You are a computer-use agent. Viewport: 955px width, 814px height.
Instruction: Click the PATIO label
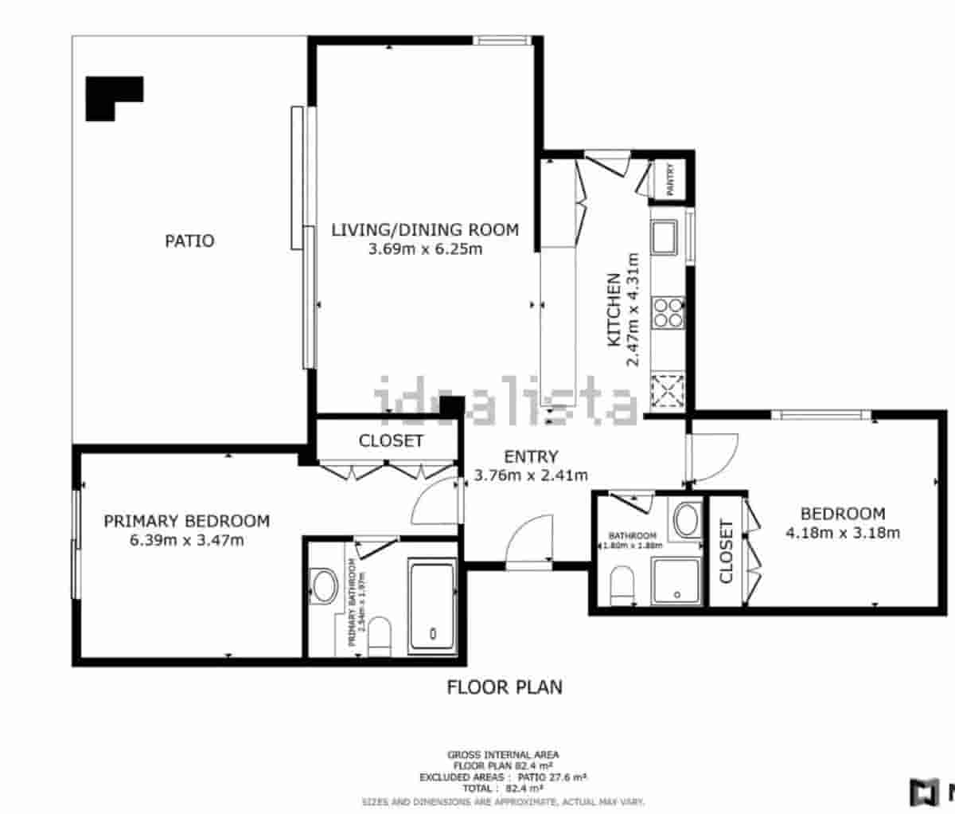pos(189,241)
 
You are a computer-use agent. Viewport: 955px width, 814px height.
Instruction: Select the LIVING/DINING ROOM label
pos(424,230)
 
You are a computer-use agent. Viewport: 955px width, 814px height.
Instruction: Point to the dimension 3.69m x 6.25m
pos(424,249)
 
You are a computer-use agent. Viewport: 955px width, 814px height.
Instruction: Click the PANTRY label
pos(670,180)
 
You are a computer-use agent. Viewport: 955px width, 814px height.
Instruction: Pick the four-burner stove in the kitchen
pos(668,311)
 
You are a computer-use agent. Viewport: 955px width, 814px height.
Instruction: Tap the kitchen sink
pos(663,237)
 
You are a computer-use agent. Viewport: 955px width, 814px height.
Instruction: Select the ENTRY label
pos(531,456)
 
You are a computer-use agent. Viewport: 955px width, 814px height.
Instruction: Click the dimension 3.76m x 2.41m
pos(531,475)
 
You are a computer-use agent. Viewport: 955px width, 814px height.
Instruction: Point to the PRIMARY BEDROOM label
pos(187,521)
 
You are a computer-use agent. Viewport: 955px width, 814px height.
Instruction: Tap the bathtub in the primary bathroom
pos(431,606)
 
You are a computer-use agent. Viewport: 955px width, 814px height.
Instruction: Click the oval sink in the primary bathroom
pos(325,586)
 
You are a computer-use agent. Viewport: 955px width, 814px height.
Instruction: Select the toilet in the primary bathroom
pos(380,636)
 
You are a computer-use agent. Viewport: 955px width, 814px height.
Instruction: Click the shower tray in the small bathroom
pos(676,581)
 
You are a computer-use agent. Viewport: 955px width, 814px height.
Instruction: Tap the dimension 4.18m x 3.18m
pos(843,533)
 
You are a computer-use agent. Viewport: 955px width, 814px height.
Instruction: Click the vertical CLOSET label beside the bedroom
pos(726,551)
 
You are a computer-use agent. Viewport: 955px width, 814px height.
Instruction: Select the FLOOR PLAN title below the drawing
pos(505,687)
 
